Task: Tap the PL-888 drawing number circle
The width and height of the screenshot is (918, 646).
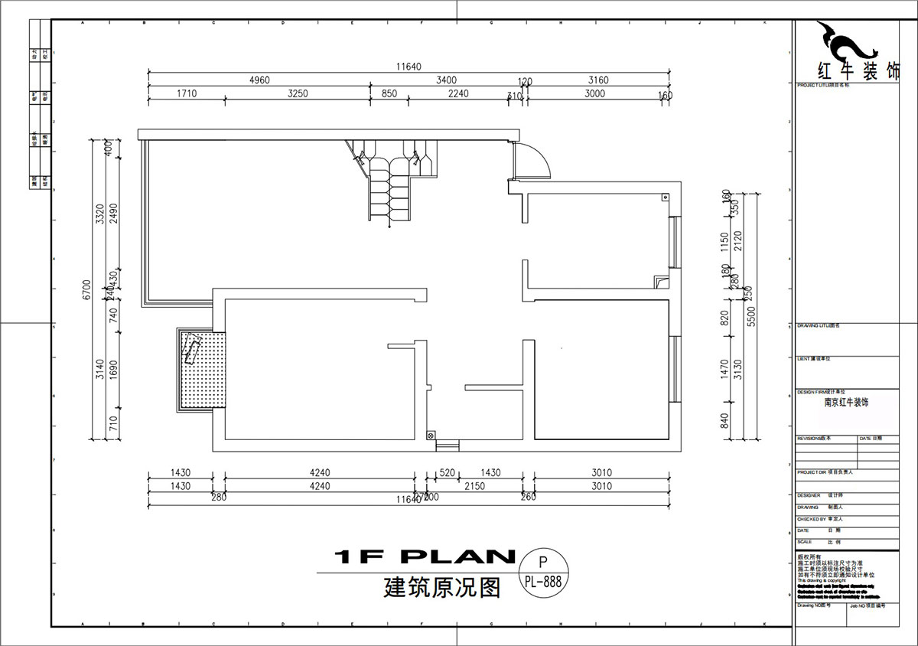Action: tap(543, 573)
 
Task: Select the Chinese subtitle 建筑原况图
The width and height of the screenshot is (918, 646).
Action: tap(442, 588)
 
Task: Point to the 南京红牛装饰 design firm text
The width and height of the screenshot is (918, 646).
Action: tap(846, 402)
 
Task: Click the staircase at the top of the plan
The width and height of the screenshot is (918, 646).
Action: tap(390, 180)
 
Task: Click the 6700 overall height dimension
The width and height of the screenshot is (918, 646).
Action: tap(86, 290)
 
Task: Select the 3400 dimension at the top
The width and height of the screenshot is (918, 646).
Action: tap(447, 80)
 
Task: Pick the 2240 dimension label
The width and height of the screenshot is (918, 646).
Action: tap(457, 94)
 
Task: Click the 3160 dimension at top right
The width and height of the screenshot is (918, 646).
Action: tap(598, 80)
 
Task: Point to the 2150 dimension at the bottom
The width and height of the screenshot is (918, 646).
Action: tap(474, 486)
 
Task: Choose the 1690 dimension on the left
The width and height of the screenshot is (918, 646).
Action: tap(113, 370)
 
